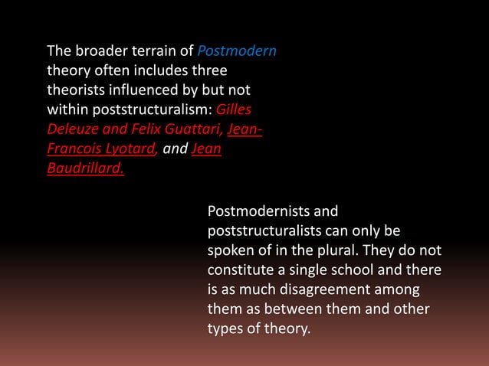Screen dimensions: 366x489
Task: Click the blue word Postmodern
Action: point(237,52)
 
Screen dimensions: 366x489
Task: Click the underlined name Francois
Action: point(74,148)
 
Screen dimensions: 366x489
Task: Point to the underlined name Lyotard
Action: point(131,148)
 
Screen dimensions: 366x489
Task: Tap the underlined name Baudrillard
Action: point(84,167)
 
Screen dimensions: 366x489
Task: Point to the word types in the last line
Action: point(225,329)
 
